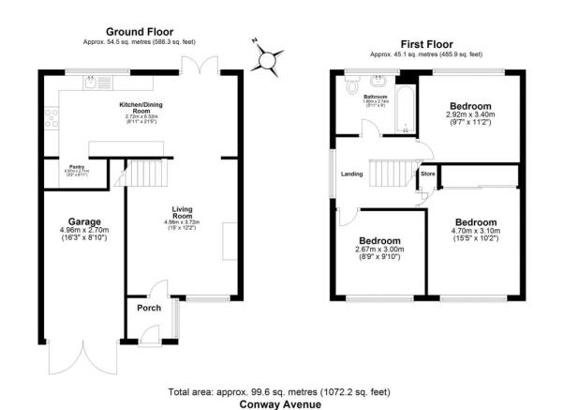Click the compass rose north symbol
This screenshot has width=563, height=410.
click(268, 59)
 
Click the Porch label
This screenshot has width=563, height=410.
click(144, 306)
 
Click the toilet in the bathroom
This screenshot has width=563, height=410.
click(351, 87)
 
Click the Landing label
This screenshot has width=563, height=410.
click(351, 174)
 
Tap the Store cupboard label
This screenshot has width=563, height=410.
click(427, 174)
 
